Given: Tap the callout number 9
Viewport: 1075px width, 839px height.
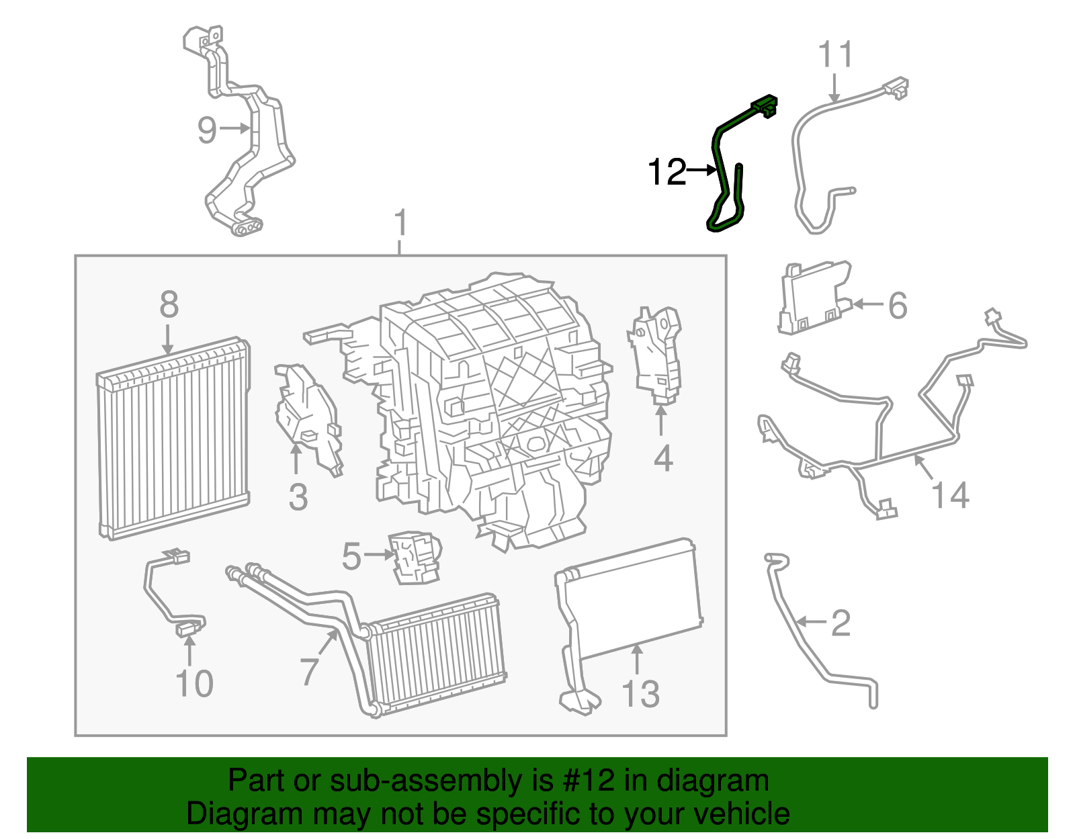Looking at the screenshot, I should point(207,130).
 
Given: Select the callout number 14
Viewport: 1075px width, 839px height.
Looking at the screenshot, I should point(950,496).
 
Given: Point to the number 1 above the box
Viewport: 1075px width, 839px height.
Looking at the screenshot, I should point(400,223).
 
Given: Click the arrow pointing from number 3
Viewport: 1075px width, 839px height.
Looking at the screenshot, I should point(296,460).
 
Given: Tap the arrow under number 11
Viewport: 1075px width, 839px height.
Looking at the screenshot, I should point(834,88).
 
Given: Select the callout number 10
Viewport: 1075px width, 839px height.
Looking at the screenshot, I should point(193,684).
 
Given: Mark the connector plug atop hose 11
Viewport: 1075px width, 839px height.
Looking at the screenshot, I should point(896,87).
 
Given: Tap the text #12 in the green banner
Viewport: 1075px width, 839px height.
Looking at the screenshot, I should point(585,781).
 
